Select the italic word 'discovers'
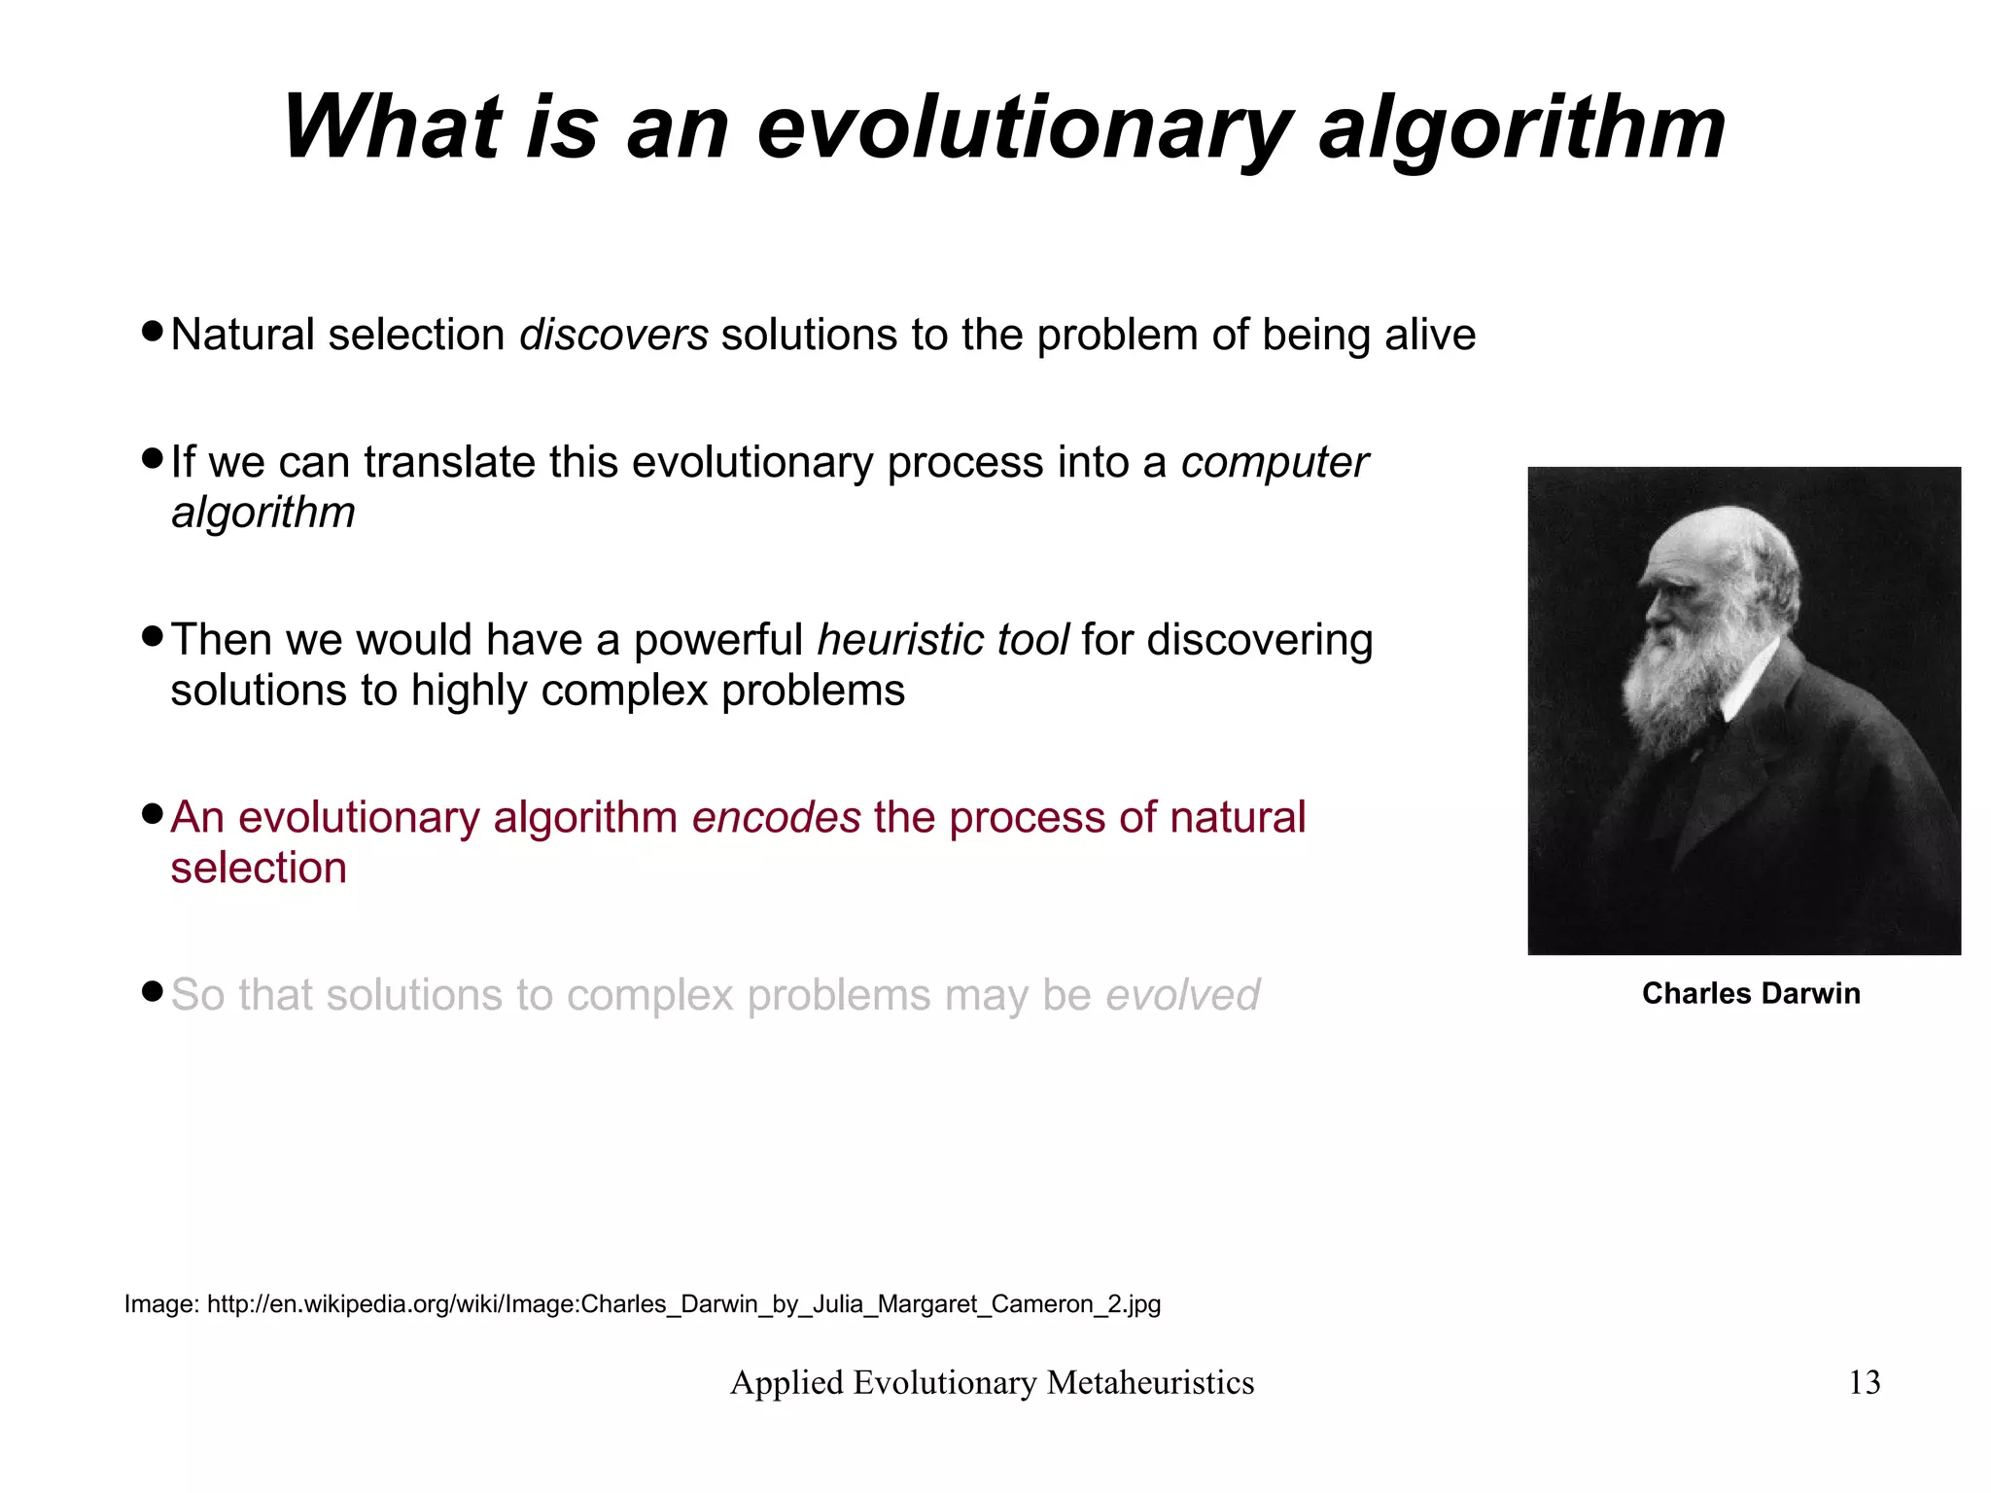click(613, 335)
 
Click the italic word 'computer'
click(1274, 462)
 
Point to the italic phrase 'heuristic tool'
click(942, 640)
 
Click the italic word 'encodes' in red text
click(776, 817)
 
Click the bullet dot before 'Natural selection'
click(152, 331)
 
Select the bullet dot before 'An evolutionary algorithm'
click(152, 813)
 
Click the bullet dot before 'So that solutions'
click(152, 991)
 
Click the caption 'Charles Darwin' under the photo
click(1750, 993)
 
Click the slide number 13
click(1864, 1382)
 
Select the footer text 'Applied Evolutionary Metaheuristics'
click(992, 1382)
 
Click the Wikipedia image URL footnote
click(642, 1304)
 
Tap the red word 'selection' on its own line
click(259, 868)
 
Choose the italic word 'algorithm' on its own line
click(263, 513)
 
